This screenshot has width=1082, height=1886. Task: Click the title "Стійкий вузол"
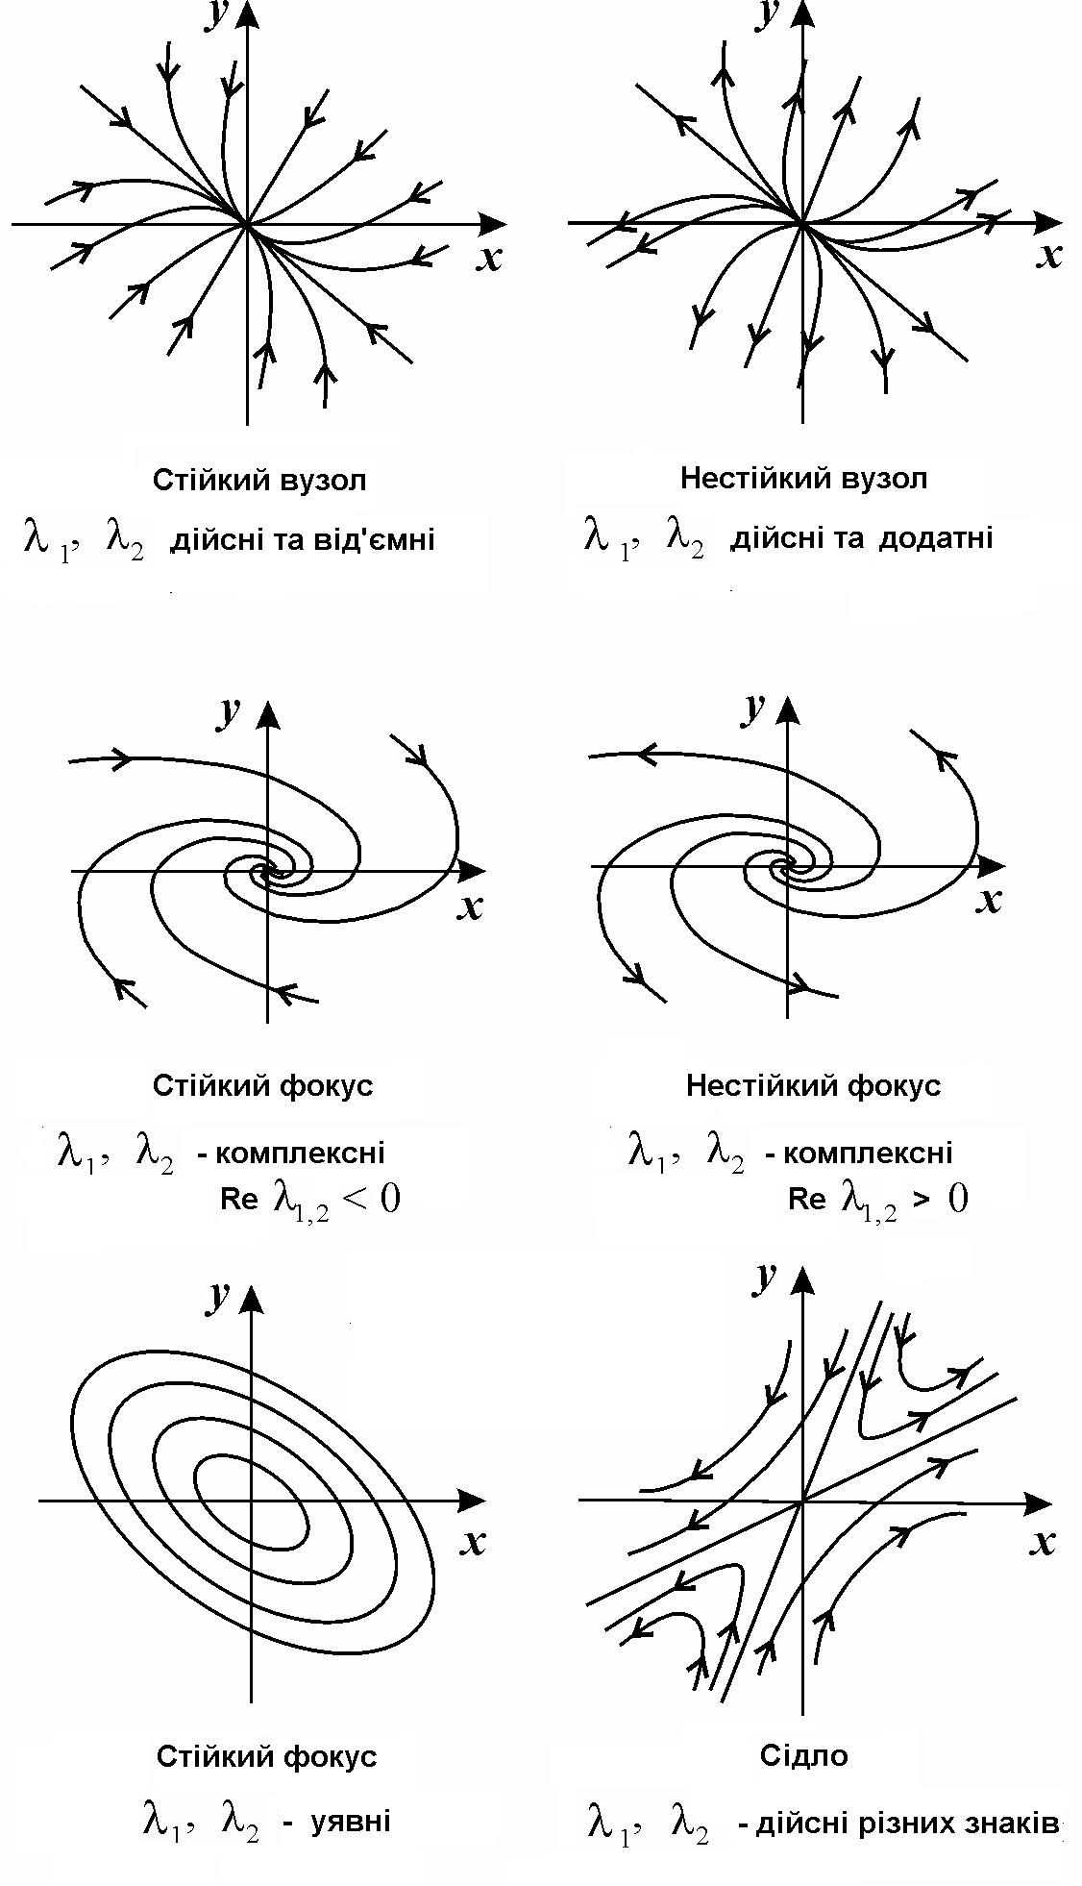259,480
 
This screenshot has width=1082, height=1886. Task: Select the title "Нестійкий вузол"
803,478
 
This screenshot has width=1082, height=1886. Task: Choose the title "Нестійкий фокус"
813,1085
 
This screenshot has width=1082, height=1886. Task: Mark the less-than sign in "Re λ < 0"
356,1199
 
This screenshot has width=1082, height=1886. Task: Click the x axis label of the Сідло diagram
1042,1541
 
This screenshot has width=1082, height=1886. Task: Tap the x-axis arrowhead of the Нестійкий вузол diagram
1049,223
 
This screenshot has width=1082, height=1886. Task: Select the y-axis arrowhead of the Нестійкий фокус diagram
787,710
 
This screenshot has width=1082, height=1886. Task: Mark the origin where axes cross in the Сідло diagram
801,1500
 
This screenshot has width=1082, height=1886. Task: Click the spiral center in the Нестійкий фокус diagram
786,866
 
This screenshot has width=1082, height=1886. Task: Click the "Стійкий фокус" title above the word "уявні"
266,1756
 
